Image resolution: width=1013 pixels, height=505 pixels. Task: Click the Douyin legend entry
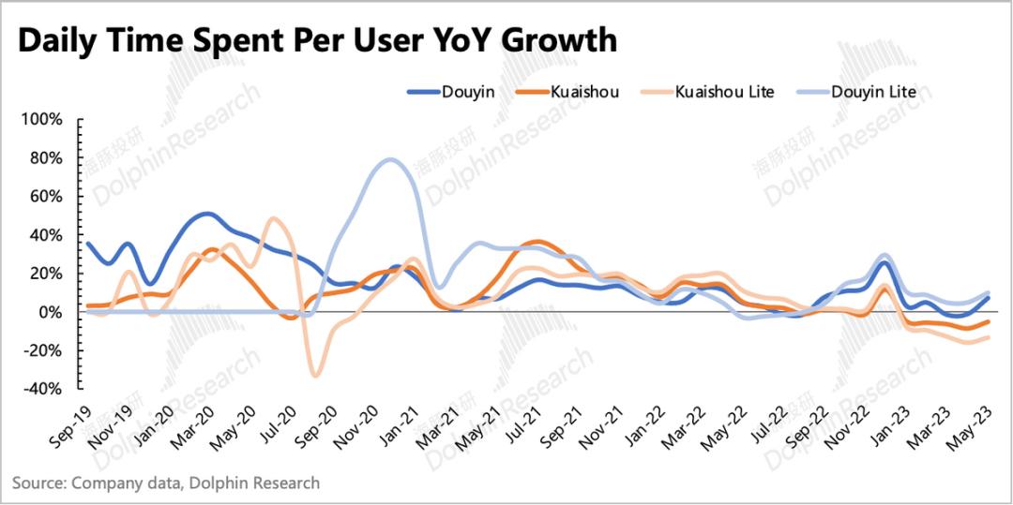(449, 92)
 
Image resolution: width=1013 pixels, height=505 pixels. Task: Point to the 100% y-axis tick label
(42, 120)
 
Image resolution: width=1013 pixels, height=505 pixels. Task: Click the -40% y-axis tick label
(44, 389)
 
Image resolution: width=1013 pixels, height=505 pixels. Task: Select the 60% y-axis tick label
(46, 197)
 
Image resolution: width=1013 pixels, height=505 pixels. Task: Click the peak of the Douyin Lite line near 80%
(390, 159)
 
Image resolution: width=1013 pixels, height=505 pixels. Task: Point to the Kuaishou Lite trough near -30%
(315, 376)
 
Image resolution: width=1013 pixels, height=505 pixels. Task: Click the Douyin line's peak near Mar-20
(206, 214)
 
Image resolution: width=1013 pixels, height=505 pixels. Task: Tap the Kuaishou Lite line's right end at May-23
(989, 337)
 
